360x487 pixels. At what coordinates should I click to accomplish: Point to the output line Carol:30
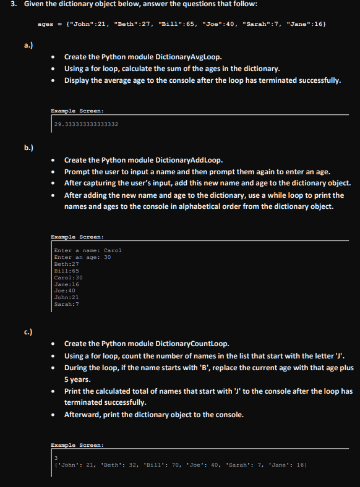pos(69,277)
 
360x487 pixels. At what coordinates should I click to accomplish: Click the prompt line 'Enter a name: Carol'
pos(88,250)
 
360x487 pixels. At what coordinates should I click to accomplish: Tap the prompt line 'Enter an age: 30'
pos(83,257)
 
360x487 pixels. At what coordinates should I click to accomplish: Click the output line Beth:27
pos(67,264)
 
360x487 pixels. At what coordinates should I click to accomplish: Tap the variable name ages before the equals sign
pos(45,24)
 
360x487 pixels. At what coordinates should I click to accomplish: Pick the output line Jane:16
pos(67,284)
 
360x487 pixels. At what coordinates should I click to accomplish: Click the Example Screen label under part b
pos(77,237)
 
